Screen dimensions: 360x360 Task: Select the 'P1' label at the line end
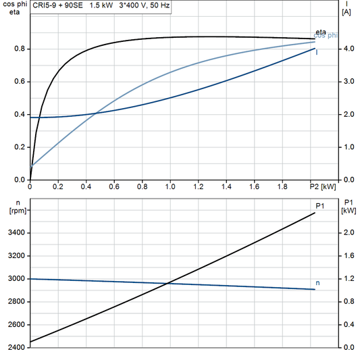point(321,205)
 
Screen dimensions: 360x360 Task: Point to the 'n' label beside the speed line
point(318,282)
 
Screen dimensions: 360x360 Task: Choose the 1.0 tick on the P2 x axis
point(170,186)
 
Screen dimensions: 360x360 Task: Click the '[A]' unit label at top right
point(346,12)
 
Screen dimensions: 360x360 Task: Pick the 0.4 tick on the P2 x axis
point(86,186)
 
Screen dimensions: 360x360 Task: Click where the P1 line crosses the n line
point(167,283)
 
